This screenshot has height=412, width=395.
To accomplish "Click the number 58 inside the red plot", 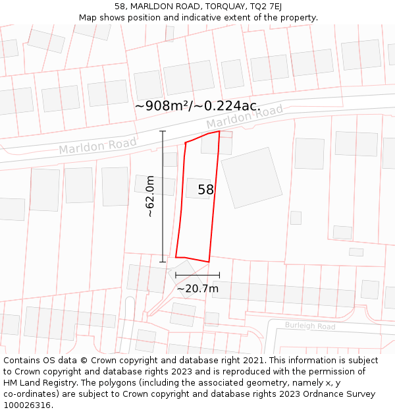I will [206, 190].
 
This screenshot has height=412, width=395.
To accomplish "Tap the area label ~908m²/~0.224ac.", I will [197, 106].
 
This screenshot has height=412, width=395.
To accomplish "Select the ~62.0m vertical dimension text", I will [150, 196].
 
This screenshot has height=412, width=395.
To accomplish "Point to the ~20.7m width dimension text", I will [197, 288].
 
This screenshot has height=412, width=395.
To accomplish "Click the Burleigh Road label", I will [310, 326].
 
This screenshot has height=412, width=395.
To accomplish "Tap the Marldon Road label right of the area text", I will [244, 117].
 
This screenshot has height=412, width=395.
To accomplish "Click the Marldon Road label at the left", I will [98, 146].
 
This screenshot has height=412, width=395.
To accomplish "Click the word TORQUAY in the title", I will [215, 6].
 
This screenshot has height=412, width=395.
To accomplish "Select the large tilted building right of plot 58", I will [251, 178].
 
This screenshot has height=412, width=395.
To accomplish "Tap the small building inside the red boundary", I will [197, 188].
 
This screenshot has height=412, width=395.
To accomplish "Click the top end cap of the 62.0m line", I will [163, 131].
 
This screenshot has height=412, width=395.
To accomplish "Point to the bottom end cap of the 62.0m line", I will [163, 262].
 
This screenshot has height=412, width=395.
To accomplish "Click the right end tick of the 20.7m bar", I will [219, 275].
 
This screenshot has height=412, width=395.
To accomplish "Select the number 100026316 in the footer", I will [27, 405].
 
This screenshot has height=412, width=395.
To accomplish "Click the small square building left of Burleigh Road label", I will [212, 319].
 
